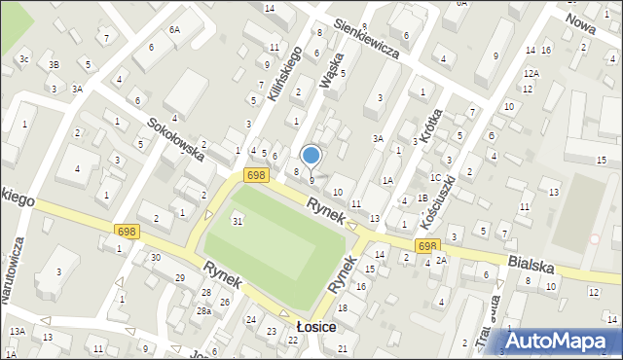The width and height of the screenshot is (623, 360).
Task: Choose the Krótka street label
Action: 432,123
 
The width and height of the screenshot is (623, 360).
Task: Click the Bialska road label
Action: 530,263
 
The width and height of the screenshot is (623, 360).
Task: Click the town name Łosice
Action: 317,327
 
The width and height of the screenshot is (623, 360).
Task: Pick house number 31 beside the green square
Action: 238,222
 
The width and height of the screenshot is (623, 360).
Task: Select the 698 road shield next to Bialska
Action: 429,246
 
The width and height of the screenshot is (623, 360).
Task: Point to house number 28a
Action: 204,310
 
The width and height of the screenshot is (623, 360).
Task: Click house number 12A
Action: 531,73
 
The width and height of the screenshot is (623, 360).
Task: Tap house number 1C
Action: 436,177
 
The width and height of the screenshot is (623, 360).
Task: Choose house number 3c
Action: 24,60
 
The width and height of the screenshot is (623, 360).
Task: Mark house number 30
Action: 156,257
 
